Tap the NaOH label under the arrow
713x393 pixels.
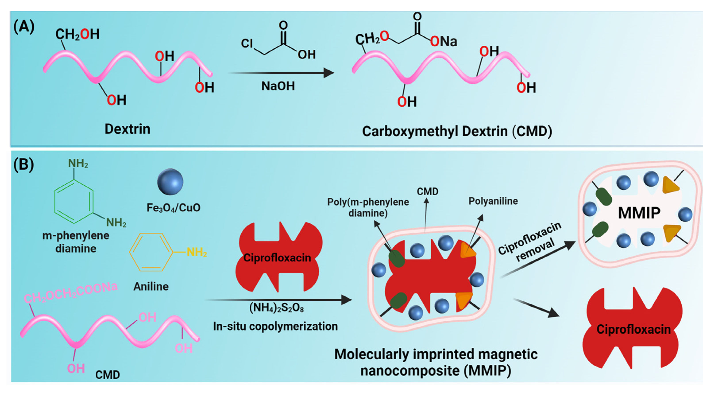278,86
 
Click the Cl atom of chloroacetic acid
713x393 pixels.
247,43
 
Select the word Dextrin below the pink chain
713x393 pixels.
127,129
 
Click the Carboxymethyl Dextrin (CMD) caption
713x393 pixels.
457,131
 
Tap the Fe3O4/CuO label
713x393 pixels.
173,208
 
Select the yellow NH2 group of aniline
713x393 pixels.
197,252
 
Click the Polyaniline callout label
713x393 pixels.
493,201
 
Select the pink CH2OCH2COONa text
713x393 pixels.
71,293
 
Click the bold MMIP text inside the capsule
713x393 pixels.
639,213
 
